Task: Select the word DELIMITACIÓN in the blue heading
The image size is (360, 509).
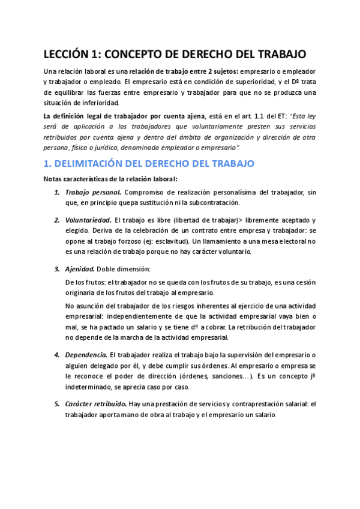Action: click(x=95, y=163)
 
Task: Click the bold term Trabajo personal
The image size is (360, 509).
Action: click(x=92, y=192)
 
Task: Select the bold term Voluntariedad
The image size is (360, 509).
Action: click(x=88, y=220)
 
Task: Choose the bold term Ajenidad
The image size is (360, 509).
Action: click(x=81, y=268)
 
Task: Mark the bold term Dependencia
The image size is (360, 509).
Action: click(x=86, y=355)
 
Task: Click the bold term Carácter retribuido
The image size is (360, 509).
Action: click(x=94, y=403)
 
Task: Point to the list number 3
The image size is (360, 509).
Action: click(x=56, y=268)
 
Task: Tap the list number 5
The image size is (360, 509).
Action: click(x=56, y=403)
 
